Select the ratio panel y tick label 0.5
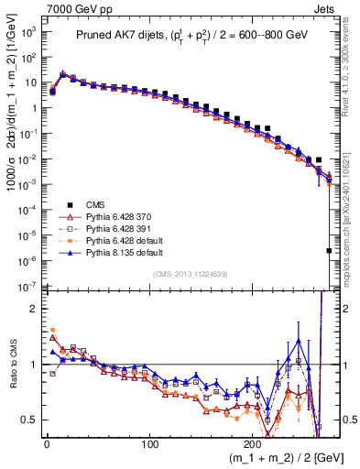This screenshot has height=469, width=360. click(29, 420)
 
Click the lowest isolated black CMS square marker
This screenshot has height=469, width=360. click(329, 250)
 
